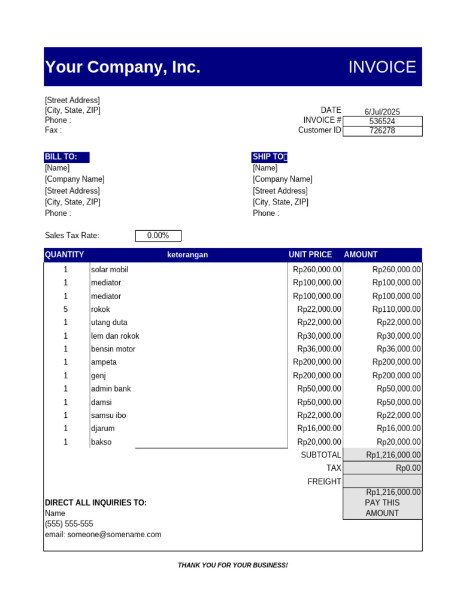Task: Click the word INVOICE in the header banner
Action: (382, 67)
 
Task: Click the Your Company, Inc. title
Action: (123, 67)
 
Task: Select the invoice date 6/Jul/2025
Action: (382, 112)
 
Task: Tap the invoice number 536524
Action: (382, 121)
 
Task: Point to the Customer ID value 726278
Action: (382, 131)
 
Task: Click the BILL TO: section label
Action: (61, 157)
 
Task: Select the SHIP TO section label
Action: (269, 157)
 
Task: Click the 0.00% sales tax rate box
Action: (158, 236)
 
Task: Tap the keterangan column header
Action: (187, 255)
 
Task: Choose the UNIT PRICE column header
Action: (310, 255)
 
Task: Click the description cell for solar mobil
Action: (110, 270)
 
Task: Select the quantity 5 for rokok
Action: (66, 309)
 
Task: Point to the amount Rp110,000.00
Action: (397, 309)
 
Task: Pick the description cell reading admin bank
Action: (111, 389)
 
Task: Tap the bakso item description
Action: (101, 442)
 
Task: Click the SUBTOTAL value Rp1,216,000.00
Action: (394, 455)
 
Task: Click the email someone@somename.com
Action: (103, 534)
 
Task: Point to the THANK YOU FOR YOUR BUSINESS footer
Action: (233, 565)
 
